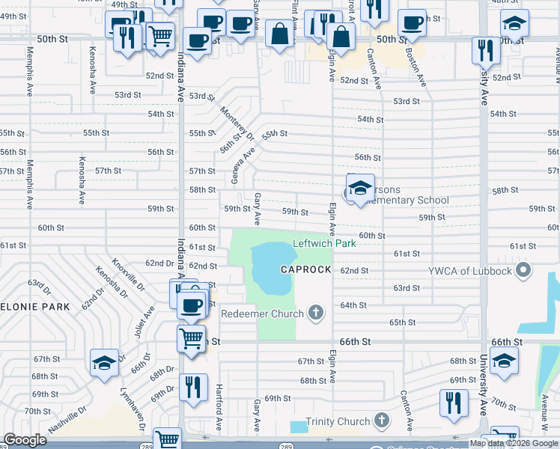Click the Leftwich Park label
tap(323, 243)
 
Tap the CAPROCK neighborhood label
tap(306, 269)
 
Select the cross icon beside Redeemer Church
tap(317, 313)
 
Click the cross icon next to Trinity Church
tap(382, 421)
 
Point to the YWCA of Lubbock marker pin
tap(523, 269)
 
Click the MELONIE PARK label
tap(34, 307)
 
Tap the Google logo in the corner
tap(25, 440)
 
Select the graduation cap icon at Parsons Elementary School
tap(360, 187)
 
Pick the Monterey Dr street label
tap(237, 122)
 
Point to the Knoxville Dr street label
tap(127, 274)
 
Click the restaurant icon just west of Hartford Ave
tap(193, 387)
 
